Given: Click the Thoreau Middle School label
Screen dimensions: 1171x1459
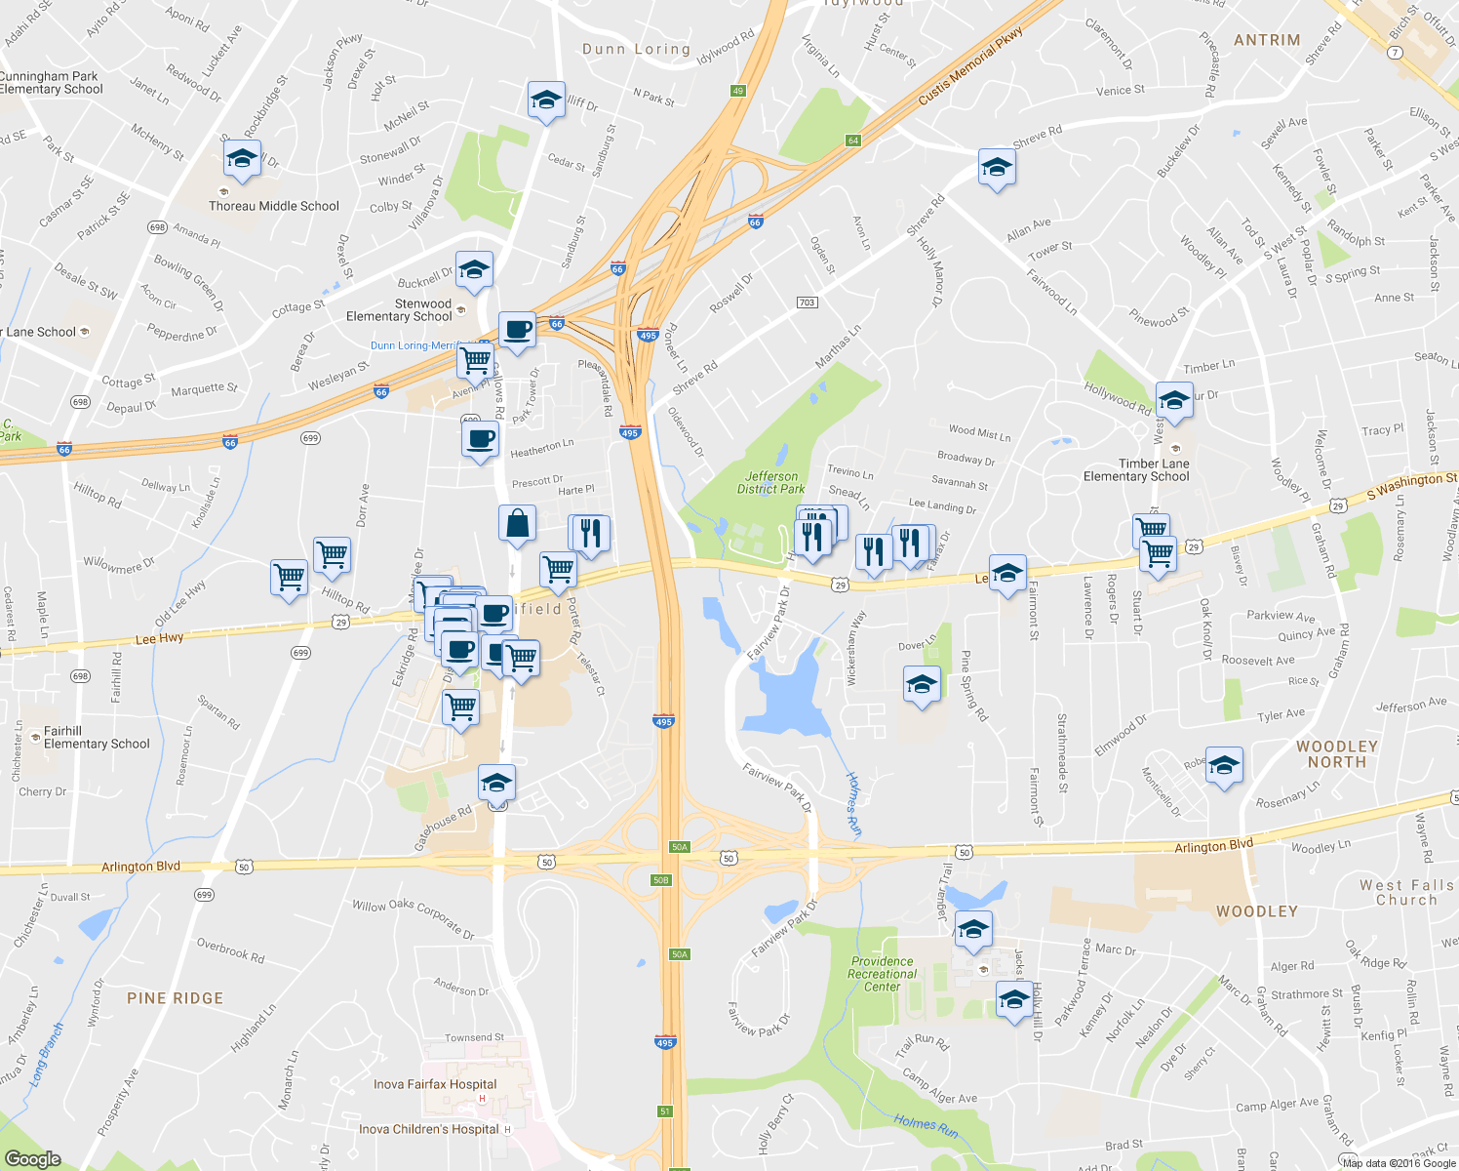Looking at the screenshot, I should [274, 206].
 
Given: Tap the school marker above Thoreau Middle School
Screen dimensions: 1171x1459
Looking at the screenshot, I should [242, 159].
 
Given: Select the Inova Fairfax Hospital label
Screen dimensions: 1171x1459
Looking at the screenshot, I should [435, 1084].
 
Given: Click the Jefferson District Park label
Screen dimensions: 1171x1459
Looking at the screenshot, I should [771, 483].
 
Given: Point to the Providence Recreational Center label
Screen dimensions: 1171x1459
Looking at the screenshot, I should [883, 974].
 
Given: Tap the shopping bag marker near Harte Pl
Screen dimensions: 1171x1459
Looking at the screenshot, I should [517, 523].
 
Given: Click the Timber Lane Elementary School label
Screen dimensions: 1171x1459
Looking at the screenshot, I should [1137, 470].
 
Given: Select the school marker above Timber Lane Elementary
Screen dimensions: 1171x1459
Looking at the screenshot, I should [1173, 400].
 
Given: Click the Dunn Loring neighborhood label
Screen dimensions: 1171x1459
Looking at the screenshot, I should [636, 49].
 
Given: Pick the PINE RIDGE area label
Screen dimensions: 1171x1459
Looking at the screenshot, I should [176, 998].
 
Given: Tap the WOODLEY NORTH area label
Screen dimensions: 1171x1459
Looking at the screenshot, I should [1337, 754].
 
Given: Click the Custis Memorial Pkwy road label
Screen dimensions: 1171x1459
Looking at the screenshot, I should [970, 67].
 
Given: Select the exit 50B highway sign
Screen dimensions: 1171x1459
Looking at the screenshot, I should [661, 880].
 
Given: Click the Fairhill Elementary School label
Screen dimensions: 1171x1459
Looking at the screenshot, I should [98, 738].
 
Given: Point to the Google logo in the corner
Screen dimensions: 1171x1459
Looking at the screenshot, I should [33, 1158].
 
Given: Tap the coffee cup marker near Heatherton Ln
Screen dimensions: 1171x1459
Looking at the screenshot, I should [480, 439].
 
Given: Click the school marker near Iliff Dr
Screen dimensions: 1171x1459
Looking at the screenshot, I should [546, 100].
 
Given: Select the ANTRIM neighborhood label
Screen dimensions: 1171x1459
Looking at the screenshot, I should [1267, 40].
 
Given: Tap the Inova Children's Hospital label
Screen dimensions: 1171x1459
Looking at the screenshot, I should [429, 1129].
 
